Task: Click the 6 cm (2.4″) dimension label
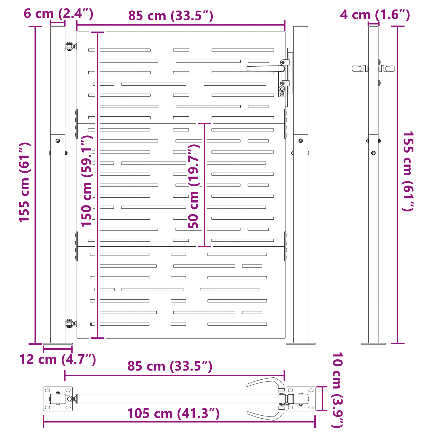point(58,14)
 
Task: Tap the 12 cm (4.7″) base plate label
point(57,359)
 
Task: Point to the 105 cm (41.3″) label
point(173,414)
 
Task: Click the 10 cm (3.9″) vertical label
point(337,390)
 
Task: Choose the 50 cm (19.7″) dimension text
point(194,186)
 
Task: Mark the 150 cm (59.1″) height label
point(87,181)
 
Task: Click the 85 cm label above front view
point(170,16)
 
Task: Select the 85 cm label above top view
point(170,366)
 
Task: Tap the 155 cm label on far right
point(408,171)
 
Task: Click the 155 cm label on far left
point(24,182)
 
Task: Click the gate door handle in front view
point(264,69)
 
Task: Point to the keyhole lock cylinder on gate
point(282,91)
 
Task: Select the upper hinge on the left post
point(70,46)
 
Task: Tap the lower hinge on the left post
point(70,324)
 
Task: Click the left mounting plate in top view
point(58,399)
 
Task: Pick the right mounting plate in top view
point(301,399)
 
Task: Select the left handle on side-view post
point(359,69)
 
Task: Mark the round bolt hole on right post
point(300,141)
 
